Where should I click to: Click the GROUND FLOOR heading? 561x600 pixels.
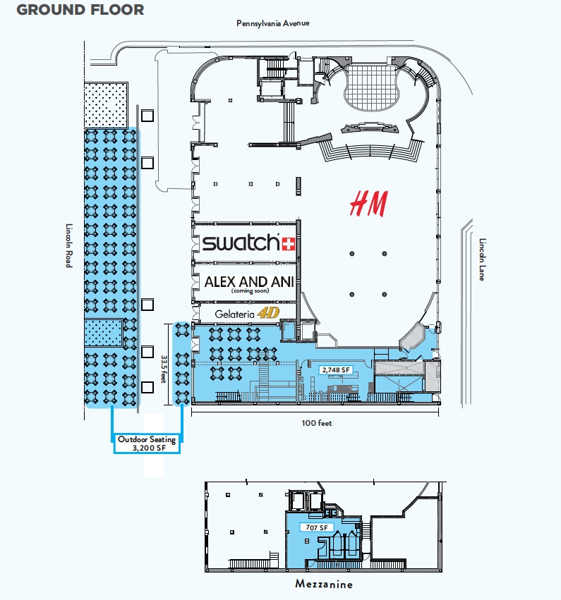pyautogui.click(x=80, y=10)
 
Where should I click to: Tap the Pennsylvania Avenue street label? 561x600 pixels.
pyautogui.click(x=272, y=23)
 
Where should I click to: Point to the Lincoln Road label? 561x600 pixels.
pyautogui.click(x=69, y=245)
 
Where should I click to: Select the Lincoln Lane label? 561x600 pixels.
pyautogui.click(x=482, y=259)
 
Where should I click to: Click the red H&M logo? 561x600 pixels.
pyautogui.click(x=369, y=204)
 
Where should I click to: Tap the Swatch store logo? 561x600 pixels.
pyautogui.click(x=248, y=243)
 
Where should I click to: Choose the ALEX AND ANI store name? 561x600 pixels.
pyautogui.click(x=249, y=281)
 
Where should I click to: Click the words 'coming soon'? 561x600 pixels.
pyautogui.click(x=250, y=290)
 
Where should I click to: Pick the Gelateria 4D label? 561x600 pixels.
pyautogui.click(x=247, y=314)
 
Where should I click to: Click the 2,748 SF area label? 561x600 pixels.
pyautogui.click(x=336, y=370)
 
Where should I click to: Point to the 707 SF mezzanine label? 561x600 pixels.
pyautogui.click(x=317, y=527)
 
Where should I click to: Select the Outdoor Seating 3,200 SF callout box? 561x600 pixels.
pyautogui.click(x=147, y=443)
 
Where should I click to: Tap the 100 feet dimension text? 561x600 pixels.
pyautogui.click(x=317, y=423)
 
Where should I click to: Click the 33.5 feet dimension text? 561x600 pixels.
pyautogui.click(x=164, y=369)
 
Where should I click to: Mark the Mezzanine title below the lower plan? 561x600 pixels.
pyautogui.click(x=324, y=584)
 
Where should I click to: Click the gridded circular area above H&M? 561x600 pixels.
pyautogui.click(x=370, y=87)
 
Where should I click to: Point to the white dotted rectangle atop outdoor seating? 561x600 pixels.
pyautogui.click(x=106, y=105)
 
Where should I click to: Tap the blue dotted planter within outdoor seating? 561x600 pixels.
pyautogui.click(x=104, y=332)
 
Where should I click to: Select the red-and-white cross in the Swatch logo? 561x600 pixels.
pyautogui.click(x=289, y=244)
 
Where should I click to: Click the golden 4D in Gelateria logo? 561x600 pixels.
pyautogui.click(x=268, y=313)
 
